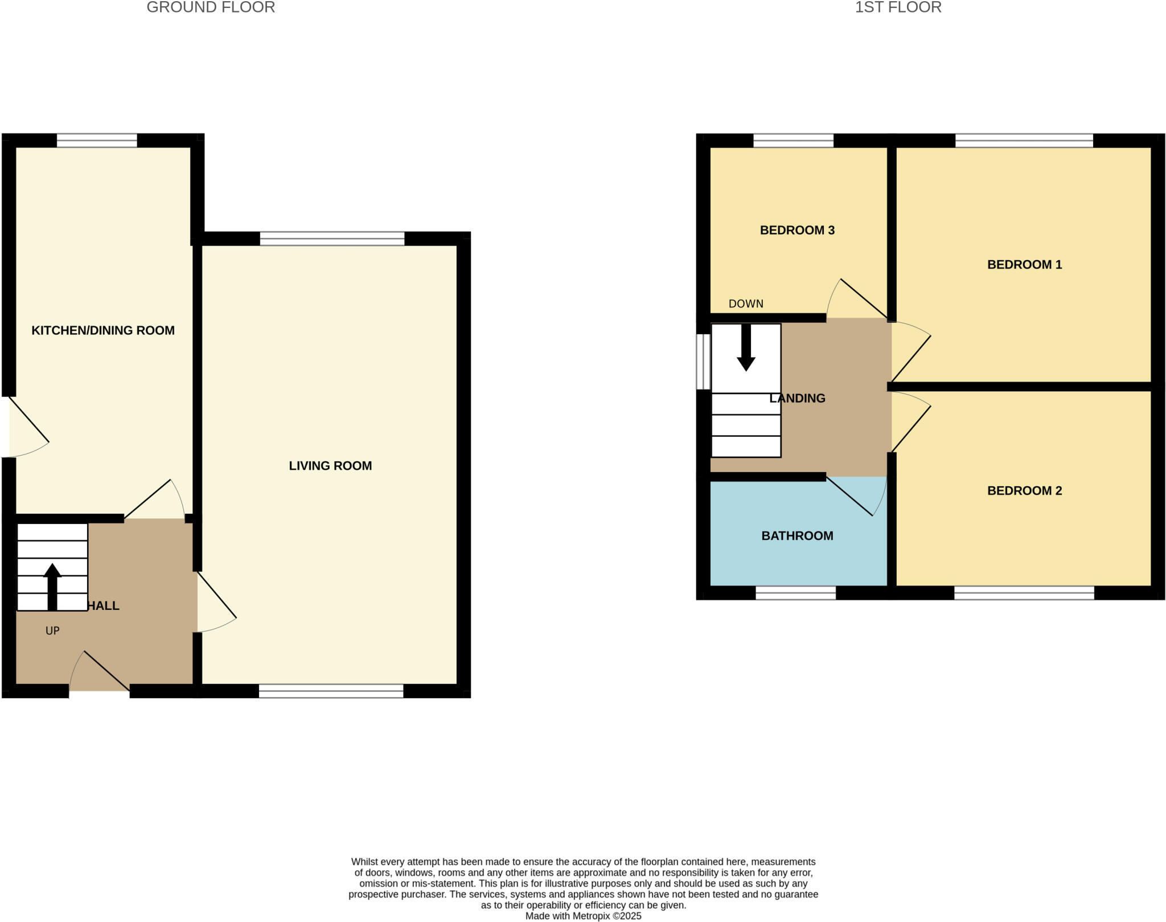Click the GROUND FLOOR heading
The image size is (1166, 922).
click(211, 7)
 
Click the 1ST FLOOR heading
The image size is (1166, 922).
click(898, 7)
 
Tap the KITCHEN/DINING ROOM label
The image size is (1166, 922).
click(102, 330)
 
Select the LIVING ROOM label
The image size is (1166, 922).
click(330, 466)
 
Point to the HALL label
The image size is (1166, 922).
click(104, 605)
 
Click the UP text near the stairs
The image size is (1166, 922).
click(52, 630)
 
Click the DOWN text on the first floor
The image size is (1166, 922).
click(746, 304)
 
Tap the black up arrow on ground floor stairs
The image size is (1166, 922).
click(52, 587)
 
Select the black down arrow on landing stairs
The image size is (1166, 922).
click(746, 349)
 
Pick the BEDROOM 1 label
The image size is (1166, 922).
click(1024, 264)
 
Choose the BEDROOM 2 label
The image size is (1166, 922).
click(1024, 490)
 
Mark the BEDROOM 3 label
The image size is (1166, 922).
click(797, 230)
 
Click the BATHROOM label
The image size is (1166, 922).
click(797, 535)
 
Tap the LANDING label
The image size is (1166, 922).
click(797, 398)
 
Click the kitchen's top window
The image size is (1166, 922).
click(97, 140)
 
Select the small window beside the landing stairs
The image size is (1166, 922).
click(704, 362)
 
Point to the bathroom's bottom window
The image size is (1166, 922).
click(795, 593)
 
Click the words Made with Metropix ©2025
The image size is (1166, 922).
click(583, 916)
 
